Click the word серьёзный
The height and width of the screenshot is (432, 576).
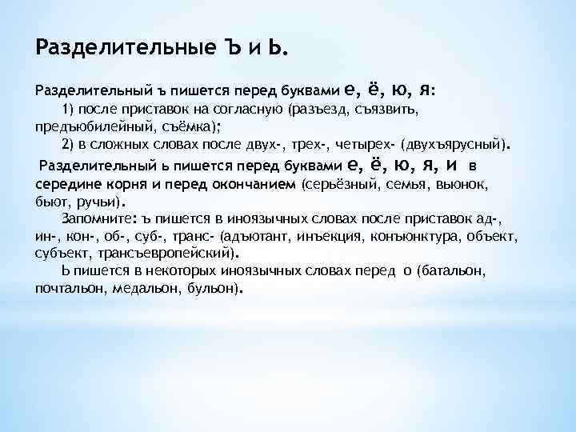click(x=342, y=184)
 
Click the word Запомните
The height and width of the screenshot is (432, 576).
click(x=96, y=218)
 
